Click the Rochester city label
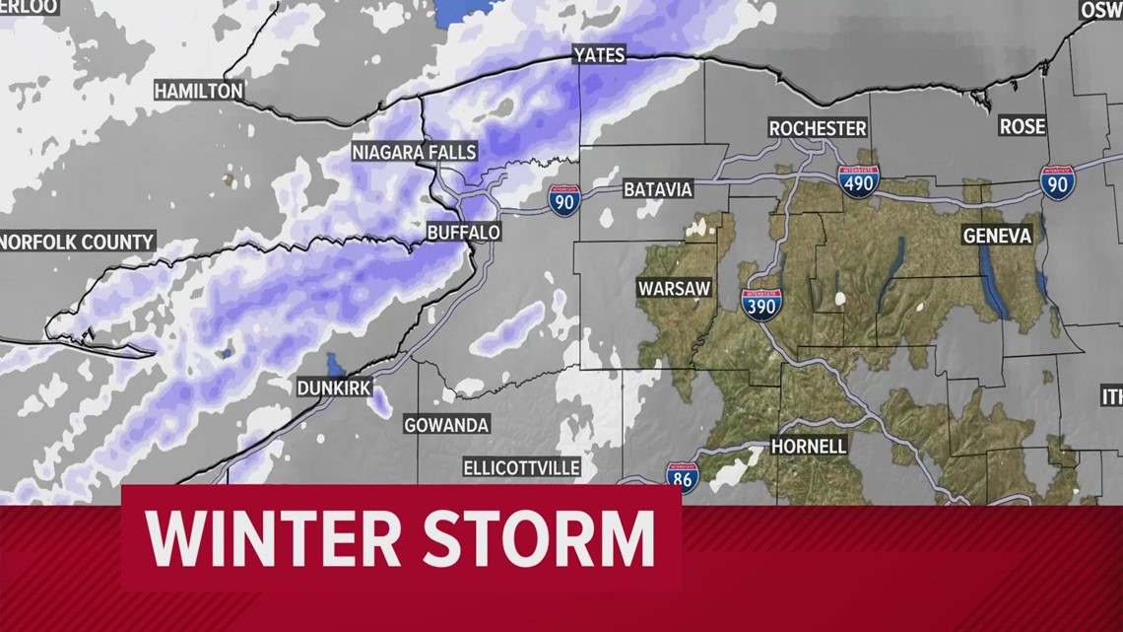click(818, 128)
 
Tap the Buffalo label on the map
click(463, 233)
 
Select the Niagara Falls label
click(415, 152)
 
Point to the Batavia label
click(658, 189)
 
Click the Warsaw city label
click(673, 289)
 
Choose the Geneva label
click(997, 236)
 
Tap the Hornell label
click(808, 446)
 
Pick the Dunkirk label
click(334, 388)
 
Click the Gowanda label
click(446, 426)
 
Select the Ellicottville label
click(522, 467)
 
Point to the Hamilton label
click(198, 91)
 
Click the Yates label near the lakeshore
click(599, 55)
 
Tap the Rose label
click(1023, 126)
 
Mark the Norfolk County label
click(77, 242)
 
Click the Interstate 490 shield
click(858, 180)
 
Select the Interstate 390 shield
click(761, 305)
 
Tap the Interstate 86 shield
click(682, 477)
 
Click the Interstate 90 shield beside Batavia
click(564, 199)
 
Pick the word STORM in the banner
click(537, 538)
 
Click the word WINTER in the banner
click(272, 538)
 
